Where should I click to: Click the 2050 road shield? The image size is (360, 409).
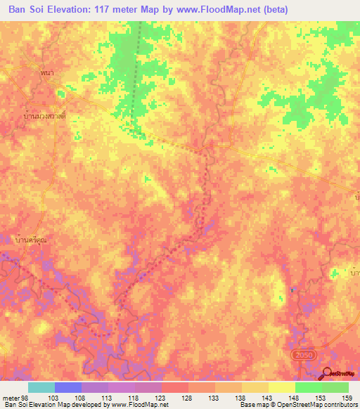coord(302,356)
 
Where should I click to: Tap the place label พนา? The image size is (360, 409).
coord(48,73)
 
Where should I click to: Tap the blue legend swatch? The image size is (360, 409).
coord(68,387)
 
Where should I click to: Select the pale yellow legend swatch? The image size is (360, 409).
coord(282,387)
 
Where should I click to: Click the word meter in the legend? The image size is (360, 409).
coord(11,398)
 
